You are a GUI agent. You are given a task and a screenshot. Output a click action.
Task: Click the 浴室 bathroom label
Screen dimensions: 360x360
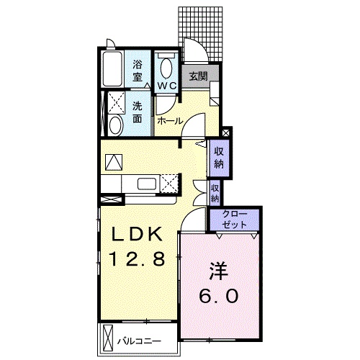tap(138, 71)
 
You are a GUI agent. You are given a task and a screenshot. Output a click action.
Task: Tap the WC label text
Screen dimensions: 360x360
tap(167, 86)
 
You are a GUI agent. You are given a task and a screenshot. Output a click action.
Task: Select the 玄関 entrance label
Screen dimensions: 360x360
tap(198, 76)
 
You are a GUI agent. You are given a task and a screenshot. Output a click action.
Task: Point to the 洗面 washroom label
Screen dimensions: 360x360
tap(138, 112)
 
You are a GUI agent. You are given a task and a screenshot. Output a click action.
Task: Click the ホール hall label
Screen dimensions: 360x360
tap(170, 121)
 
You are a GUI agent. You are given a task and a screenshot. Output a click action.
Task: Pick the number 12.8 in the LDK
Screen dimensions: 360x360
tap(137, 258)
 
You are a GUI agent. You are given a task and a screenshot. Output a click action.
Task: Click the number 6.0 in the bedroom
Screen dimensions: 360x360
tap(219, 296)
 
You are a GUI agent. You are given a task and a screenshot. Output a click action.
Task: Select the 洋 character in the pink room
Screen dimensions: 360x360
tap(218, 271)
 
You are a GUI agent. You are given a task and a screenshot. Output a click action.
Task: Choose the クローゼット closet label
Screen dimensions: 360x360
tap(235, 220)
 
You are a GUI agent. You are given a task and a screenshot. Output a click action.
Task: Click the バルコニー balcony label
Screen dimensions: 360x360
tap(139, 341)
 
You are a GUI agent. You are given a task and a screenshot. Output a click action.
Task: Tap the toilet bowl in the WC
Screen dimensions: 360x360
tap(166, 68)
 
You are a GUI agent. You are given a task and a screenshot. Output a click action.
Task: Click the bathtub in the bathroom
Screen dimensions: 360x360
tap(112, 69)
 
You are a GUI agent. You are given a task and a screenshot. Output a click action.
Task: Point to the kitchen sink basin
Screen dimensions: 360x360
tap(147, 184)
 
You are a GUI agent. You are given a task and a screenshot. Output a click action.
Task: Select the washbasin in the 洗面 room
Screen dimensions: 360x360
tap(116, 125)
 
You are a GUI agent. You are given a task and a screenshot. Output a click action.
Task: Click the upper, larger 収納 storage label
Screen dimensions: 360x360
tap(219, 158)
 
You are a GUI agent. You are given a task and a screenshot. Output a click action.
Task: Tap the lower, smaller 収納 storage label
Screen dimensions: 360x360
tap(215, 194)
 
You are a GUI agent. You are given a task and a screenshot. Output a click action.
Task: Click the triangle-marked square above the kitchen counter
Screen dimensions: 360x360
tap(114, 162)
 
